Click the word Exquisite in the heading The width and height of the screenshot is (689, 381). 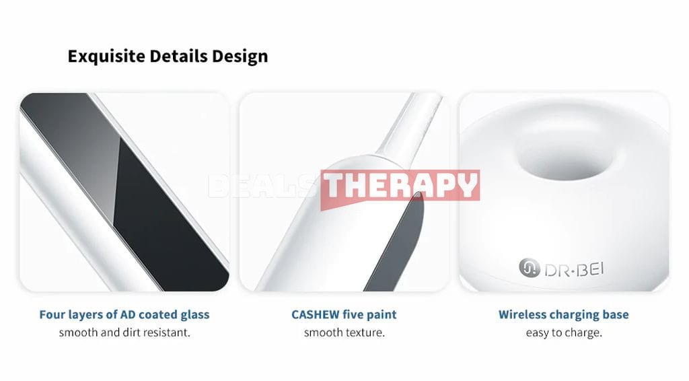(x=106, y=57)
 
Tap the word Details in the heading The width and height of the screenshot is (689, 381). (x=178, y=56)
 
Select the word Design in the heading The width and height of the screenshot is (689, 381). (x=240, y=57)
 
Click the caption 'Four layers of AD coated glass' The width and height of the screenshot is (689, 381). (x=124, y=314)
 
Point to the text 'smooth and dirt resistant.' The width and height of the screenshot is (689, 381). (x=124, y=333)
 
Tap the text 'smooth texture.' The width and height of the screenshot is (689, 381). (x=344, y=333)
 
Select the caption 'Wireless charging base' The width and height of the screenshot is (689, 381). (x=563, y=314)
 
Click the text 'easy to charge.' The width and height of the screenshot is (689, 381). (x=564, y=333)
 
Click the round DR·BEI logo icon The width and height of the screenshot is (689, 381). (x=529, y=268)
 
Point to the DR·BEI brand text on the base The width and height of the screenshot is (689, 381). (x=574, y=269)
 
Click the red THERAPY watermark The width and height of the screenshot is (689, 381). (x=400, y=186)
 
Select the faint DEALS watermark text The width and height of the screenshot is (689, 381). (x=263, y=186)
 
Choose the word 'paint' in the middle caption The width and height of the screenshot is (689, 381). (x=382, y=315)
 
